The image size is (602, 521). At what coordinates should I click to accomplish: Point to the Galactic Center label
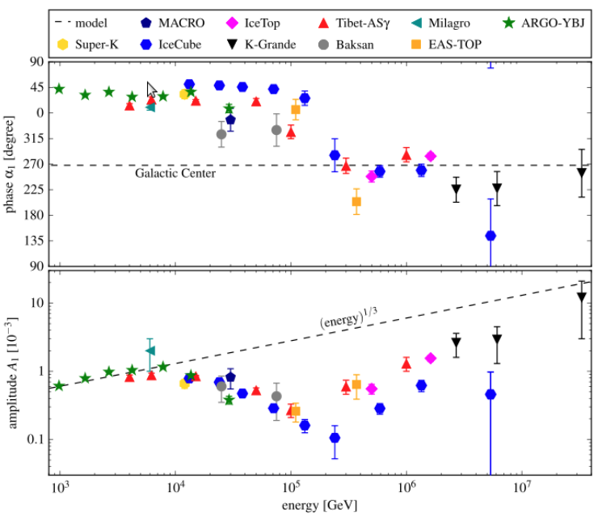175,174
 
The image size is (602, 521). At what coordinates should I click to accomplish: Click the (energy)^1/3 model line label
347,319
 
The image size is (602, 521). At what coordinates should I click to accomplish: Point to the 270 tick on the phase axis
35,165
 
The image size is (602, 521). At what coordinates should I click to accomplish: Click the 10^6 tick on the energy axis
406,488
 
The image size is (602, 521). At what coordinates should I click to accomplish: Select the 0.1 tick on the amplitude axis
34,439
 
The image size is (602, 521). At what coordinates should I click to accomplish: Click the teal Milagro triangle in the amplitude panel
150,350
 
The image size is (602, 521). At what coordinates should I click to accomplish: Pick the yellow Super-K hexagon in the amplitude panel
184,384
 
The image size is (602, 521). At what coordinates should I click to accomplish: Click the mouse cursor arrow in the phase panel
151,89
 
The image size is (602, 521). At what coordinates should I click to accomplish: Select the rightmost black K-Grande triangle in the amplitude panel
582,297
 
